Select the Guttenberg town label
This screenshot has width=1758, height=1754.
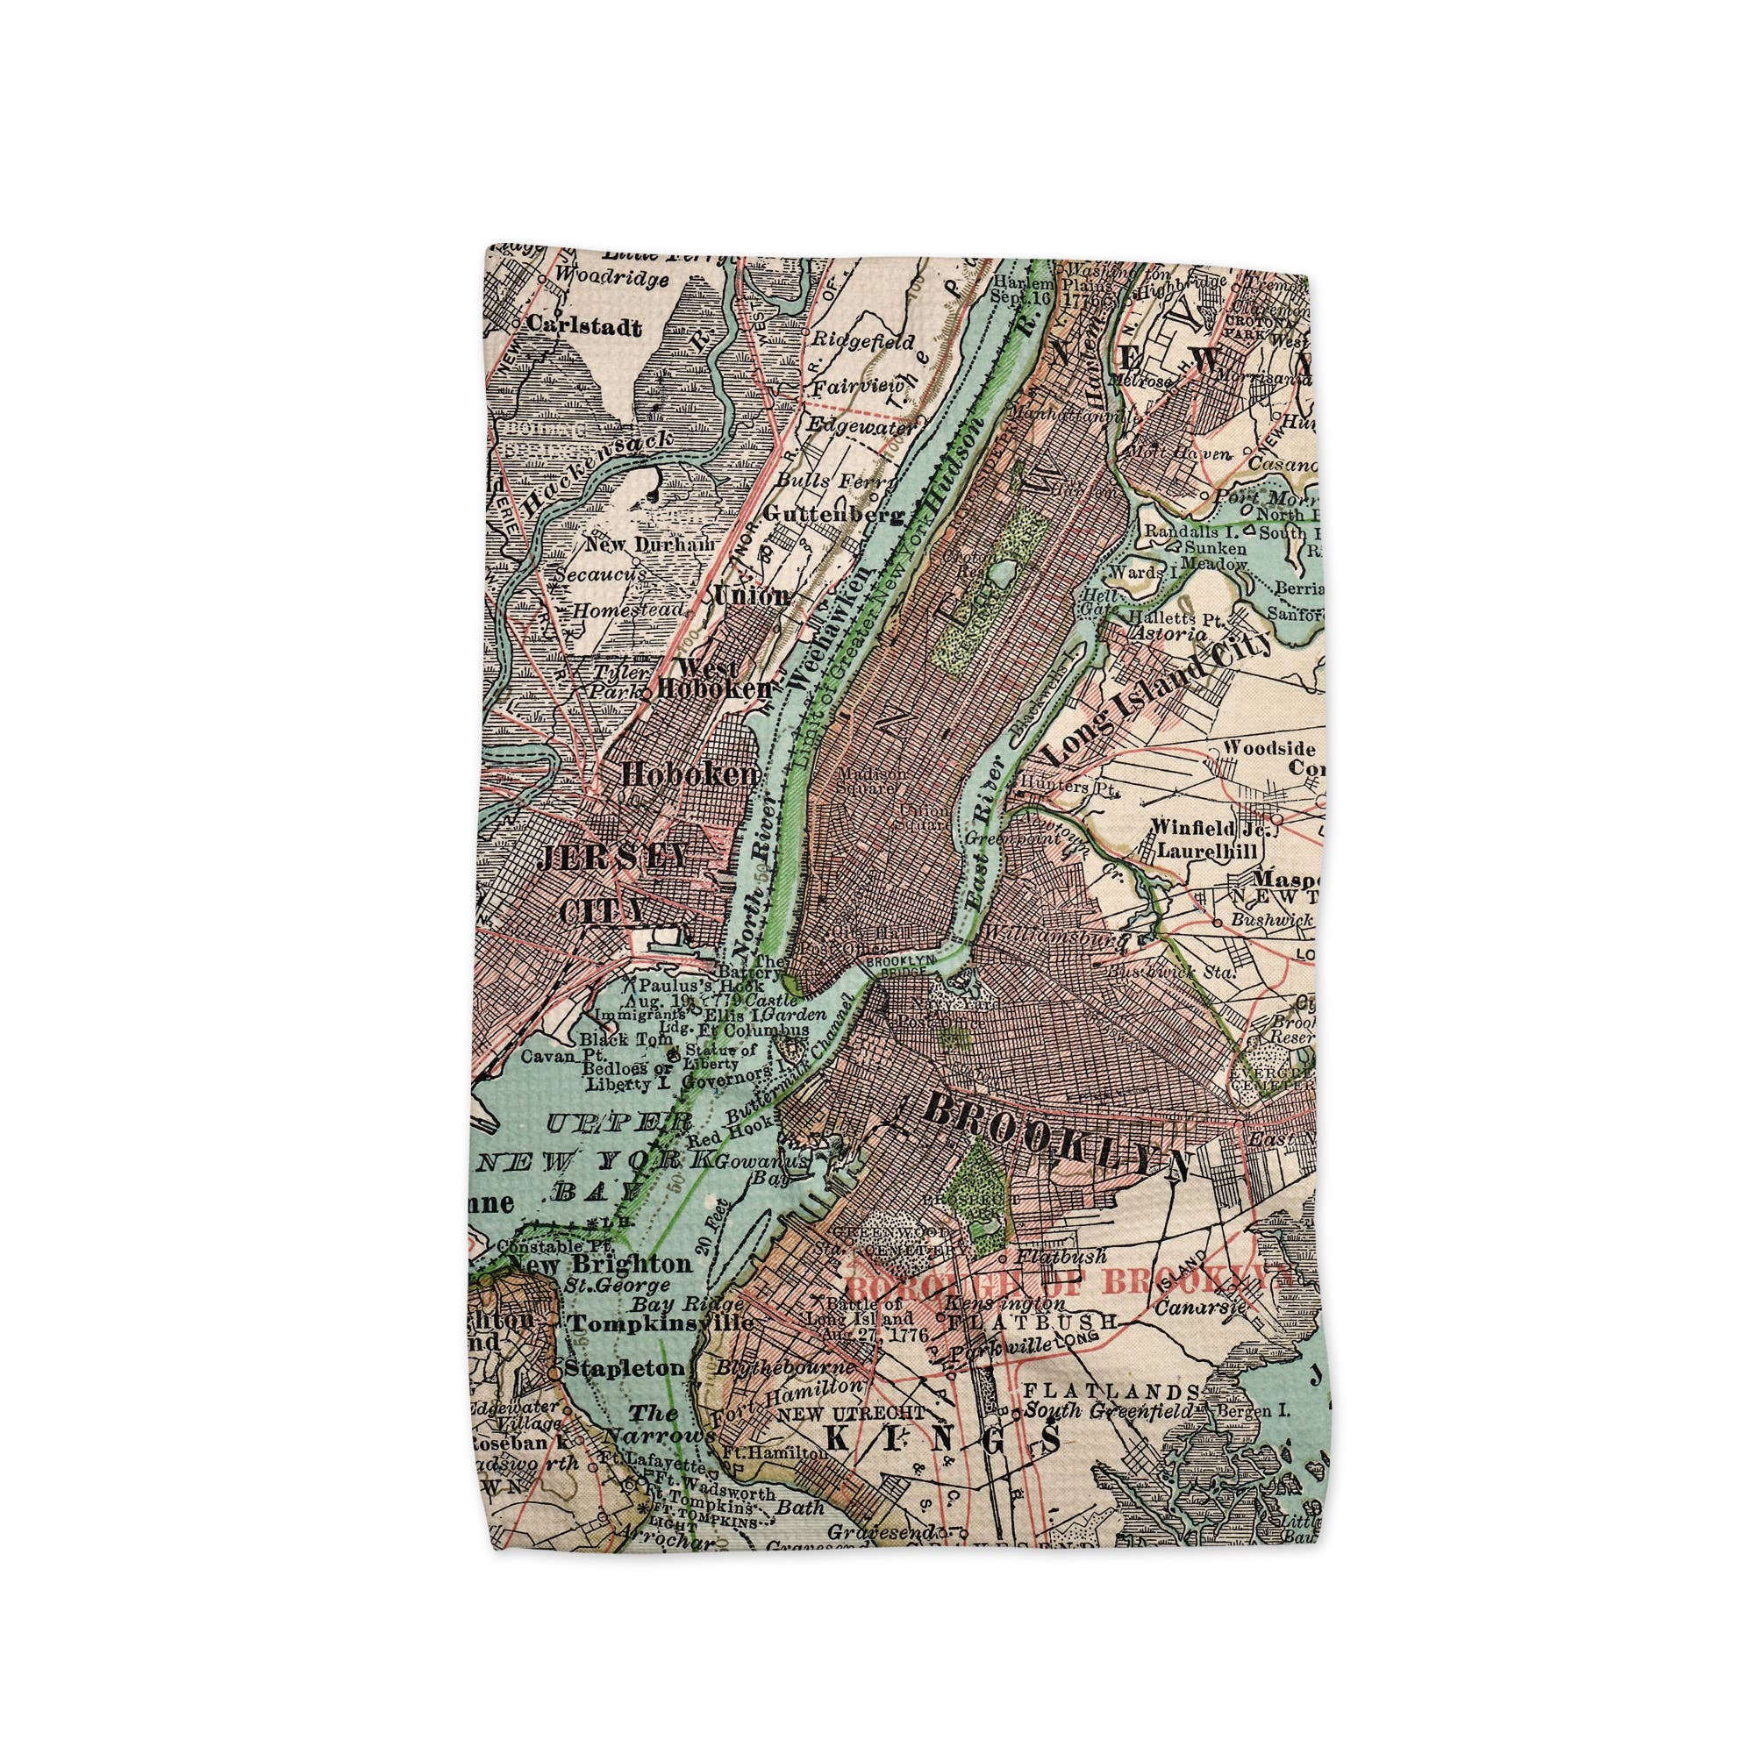[833, 515]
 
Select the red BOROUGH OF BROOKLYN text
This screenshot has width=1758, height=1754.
[1055, 1282]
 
